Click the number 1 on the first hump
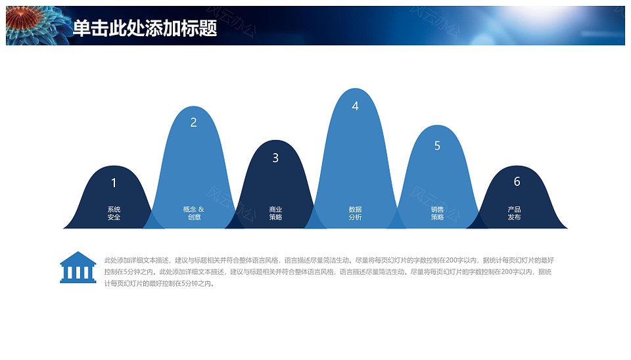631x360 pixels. (x=114, y=183)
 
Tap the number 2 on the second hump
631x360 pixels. (x=193, y=122)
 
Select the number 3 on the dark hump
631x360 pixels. (x=275, y=158)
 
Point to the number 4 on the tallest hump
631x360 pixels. (x=355, y=106)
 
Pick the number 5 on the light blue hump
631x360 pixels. (x=438, y=146)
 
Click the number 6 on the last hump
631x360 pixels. (x=517, y=181)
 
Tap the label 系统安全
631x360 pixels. (x=114, y=214)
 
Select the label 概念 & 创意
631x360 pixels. (x=193, y=214)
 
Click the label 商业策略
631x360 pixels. (x=275, y=214)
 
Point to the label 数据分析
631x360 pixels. (x=356, y=214)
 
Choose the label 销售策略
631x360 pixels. (x=438, y=214)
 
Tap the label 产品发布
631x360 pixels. (x=514, y=214)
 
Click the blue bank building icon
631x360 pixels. (x=78, y=267)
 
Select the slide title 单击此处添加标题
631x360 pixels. (x=145, y=28)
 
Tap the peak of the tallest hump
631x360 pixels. (x=355, y=89)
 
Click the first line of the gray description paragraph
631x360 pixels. (x=329, y=260)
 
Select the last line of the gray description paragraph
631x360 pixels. (x=159, y=284)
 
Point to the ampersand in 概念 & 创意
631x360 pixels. (x=201, y=209)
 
